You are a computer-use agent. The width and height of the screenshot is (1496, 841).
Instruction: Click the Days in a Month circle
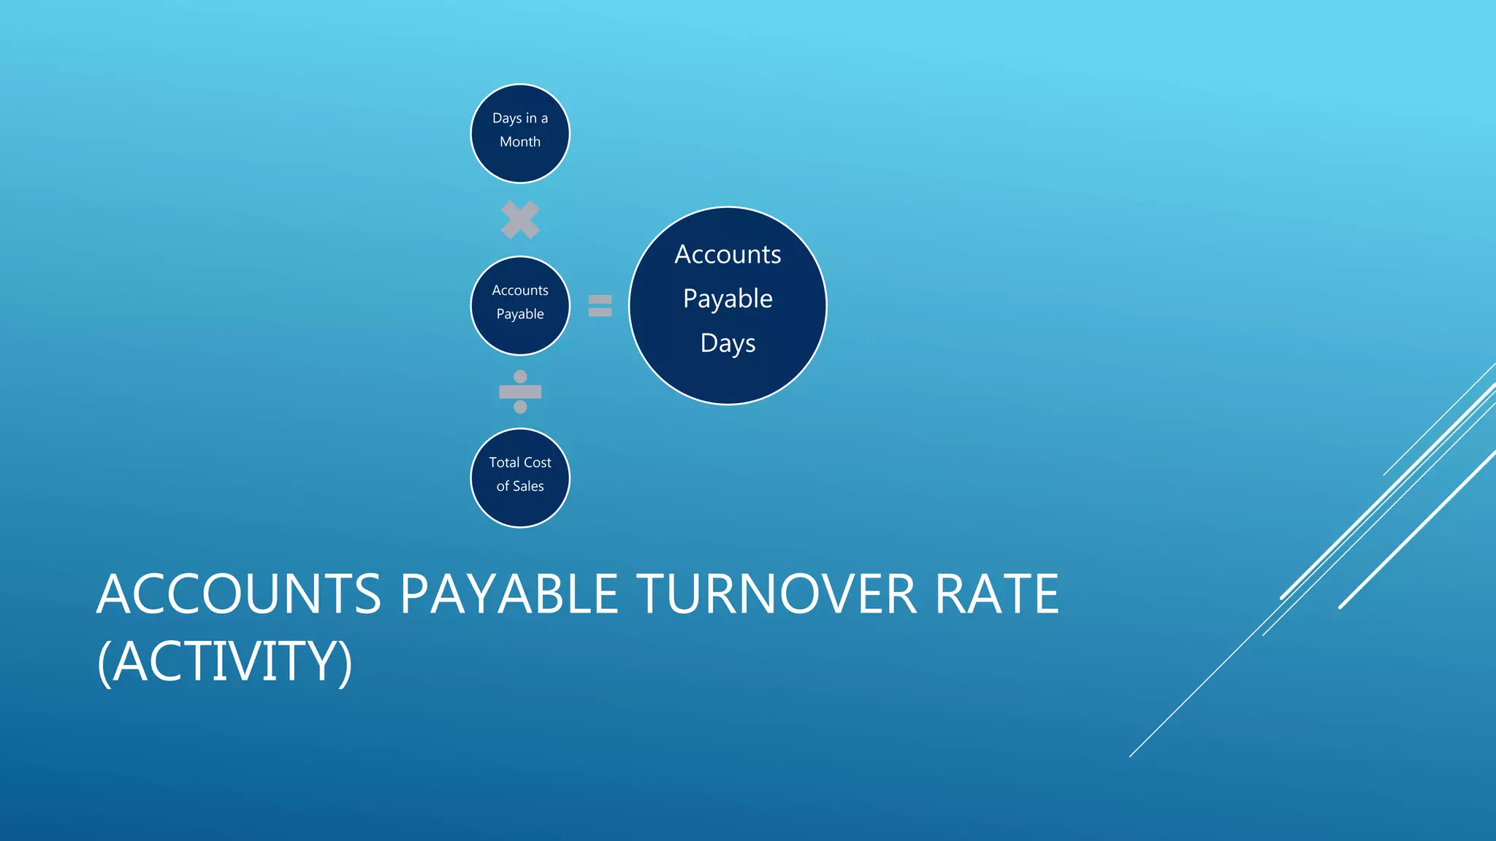[519, 134]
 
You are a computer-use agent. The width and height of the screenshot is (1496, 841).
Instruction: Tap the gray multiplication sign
[520, 220]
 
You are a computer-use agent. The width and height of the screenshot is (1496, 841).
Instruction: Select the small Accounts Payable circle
[519, 305]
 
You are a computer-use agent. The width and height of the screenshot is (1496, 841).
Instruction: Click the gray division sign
[520, 392]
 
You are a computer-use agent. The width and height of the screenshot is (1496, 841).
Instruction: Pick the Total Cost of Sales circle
[519, 477]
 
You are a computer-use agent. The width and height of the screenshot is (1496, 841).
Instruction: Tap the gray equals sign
[600, 305]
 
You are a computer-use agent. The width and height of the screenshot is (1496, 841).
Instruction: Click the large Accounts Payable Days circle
[728, 305]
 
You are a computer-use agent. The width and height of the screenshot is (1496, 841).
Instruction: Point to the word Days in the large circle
[728, 343]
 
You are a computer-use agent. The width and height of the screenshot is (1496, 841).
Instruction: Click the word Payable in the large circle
[728, 299]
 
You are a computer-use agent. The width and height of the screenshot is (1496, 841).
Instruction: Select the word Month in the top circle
[520, 142]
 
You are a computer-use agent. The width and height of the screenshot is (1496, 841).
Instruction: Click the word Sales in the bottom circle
[528, 486]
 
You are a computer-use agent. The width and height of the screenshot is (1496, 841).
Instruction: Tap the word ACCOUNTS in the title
[239, 594]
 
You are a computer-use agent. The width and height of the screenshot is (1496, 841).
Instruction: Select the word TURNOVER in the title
[776, 594]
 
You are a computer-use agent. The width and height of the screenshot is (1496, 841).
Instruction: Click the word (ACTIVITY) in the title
[225, 661]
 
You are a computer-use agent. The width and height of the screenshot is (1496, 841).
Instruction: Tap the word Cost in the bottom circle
[537, 462]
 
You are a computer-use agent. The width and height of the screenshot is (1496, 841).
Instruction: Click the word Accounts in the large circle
[728, 254]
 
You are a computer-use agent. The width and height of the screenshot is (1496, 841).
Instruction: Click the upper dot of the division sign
[520, 377]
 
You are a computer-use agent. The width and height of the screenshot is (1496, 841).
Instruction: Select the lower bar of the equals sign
[600, 312]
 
